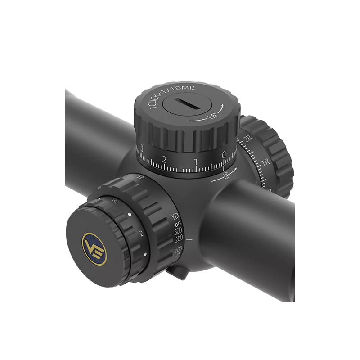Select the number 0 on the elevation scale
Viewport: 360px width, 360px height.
point(224,155)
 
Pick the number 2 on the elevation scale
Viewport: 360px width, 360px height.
point(165,158)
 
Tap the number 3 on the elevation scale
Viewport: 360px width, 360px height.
point(142,149)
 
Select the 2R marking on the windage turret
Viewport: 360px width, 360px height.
point(247,140)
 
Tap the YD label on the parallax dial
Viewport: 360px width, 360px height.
point(176,216)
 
